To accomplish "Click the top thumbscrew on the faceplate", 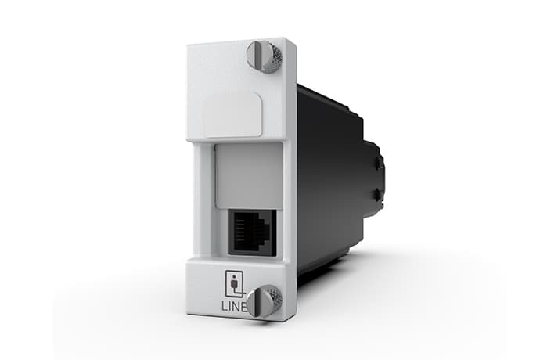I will pos(263,56).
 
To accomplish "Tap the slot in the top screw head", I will pos(259,56).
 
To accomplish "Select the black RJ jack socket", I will pos(251,231).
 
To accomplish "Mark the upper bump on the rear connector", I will pos(380,163).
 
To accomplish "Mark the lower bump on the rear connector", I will pos(380,194).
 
